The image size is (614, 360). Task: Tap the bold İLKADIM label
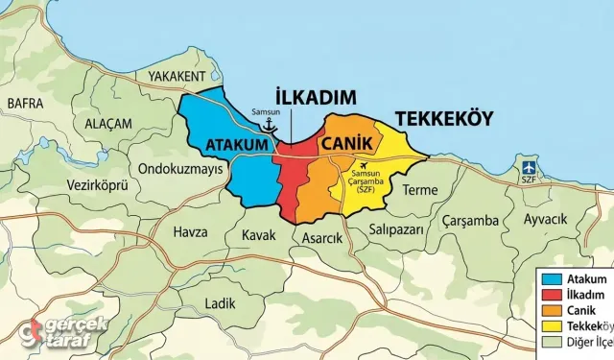(x=316, y=98)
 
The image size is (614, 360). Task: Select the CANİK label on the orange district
(x=345, y=143)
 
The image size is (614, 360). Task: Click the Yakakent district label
(x=177, y=76)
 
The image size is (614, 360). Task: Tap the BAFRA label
(x=25, y=102)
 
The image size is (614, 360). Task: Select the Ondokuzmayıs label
(x=181, y=168)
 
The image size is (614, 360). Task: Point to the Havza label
(x=190, y=231)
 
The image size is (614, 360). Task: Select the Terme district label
(x=419, y=190)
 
